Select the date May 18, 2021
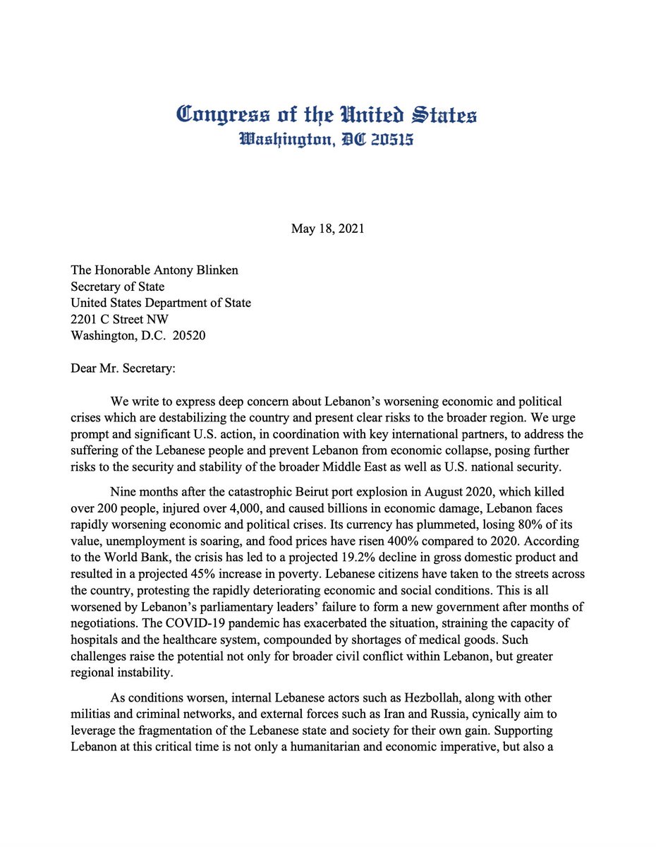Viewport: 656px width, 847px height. (327, 229)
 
